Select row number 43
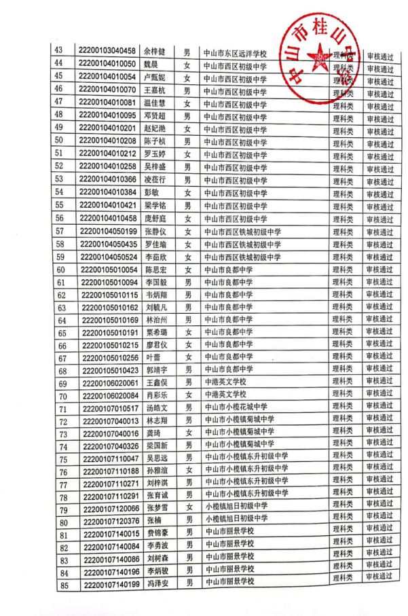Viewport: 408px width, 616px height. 58,50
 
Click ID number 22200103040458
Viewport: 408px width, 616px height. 108,51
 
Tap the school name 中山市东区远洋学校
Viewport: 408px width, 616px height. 236,52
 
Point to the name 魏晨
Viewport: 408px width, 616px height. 152,64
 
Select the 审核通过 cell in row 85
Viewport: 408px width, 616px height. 379,577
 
